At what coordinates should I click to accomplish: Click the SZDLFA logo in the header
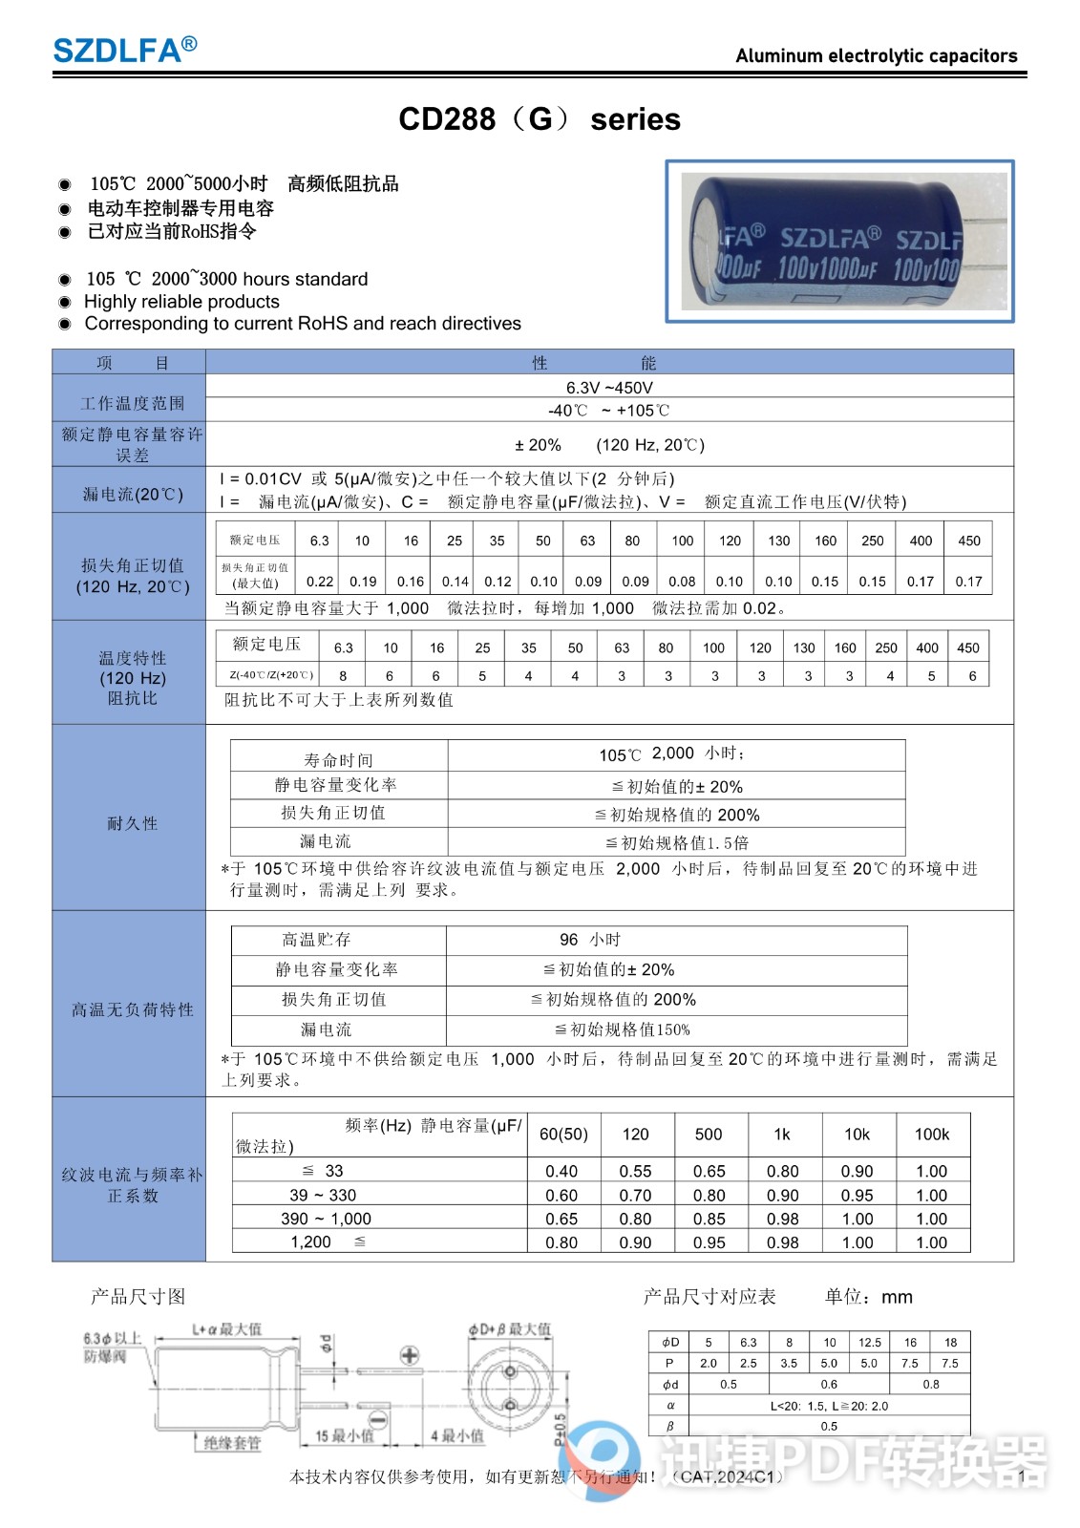(x=124, y=49)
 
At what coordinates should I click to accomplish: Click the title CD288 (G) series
(x=540, y=119)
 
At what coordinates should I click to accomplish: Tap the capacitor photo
(x=839, y=242)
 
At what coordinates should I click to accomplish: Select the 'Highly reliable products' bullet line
(x=181, y=302)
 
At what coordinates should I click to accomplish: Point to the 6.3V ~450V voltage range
(x=609, y=388)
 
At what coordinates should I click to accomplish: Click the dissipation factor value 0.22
(x=320, y=581)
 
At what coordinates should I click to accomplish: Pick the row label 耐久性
(x=132, y=823)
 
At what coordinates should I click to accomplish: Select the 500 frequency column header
(x=709, y=1135)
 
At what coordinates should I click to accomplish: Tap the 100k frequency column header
(x=932, y=1135)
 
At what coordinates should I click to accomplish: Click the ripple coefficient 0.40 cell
(x=561, y=1172)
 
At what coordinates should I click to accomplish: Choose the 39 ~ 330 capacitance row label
(x=323, y=1196)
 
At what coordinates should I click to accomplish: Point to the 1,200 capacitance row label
(x=311, y=1242)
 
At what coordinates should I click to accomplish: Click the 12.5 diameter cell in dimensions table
(x=869, y=1342)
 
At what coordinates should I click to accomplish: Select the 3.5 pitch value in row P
(x=789, y=1363)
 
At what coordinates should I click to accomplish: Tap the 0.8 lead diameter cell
(x=930, y=1384)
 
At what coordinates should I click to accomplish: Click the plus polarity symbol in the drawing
(x=410, y=1355)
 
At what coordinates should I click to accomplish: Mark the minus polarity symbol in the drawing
(x=378, y=1420)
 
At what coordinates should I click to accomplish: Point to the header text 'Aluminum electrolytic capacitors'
(x=876, y=55)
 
